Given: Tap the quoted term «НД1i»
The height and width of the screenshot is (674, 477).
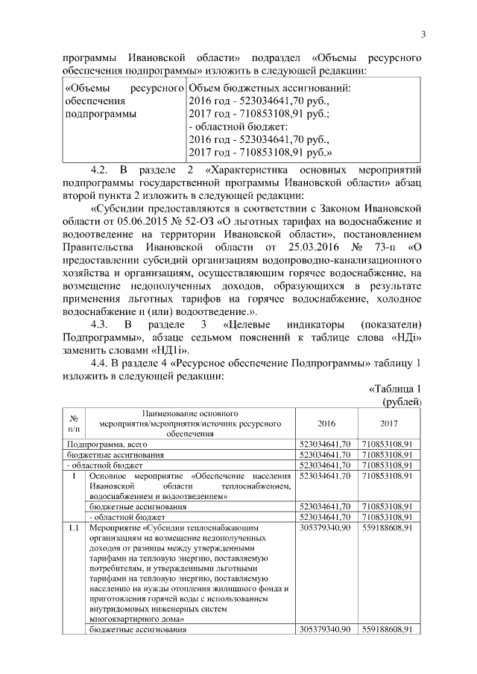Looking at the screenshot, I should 177,350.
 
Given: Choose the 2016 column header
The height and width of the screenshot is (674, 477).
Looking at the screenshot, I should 326,424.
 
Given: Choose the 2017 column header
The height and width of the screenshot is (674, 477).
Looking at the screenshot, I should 388,424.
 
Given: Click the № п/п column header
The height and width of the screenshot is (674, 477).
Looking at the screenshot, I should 74,423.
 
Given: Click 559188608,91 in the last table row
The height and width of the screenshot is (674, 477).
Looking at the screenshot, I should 387,629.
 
